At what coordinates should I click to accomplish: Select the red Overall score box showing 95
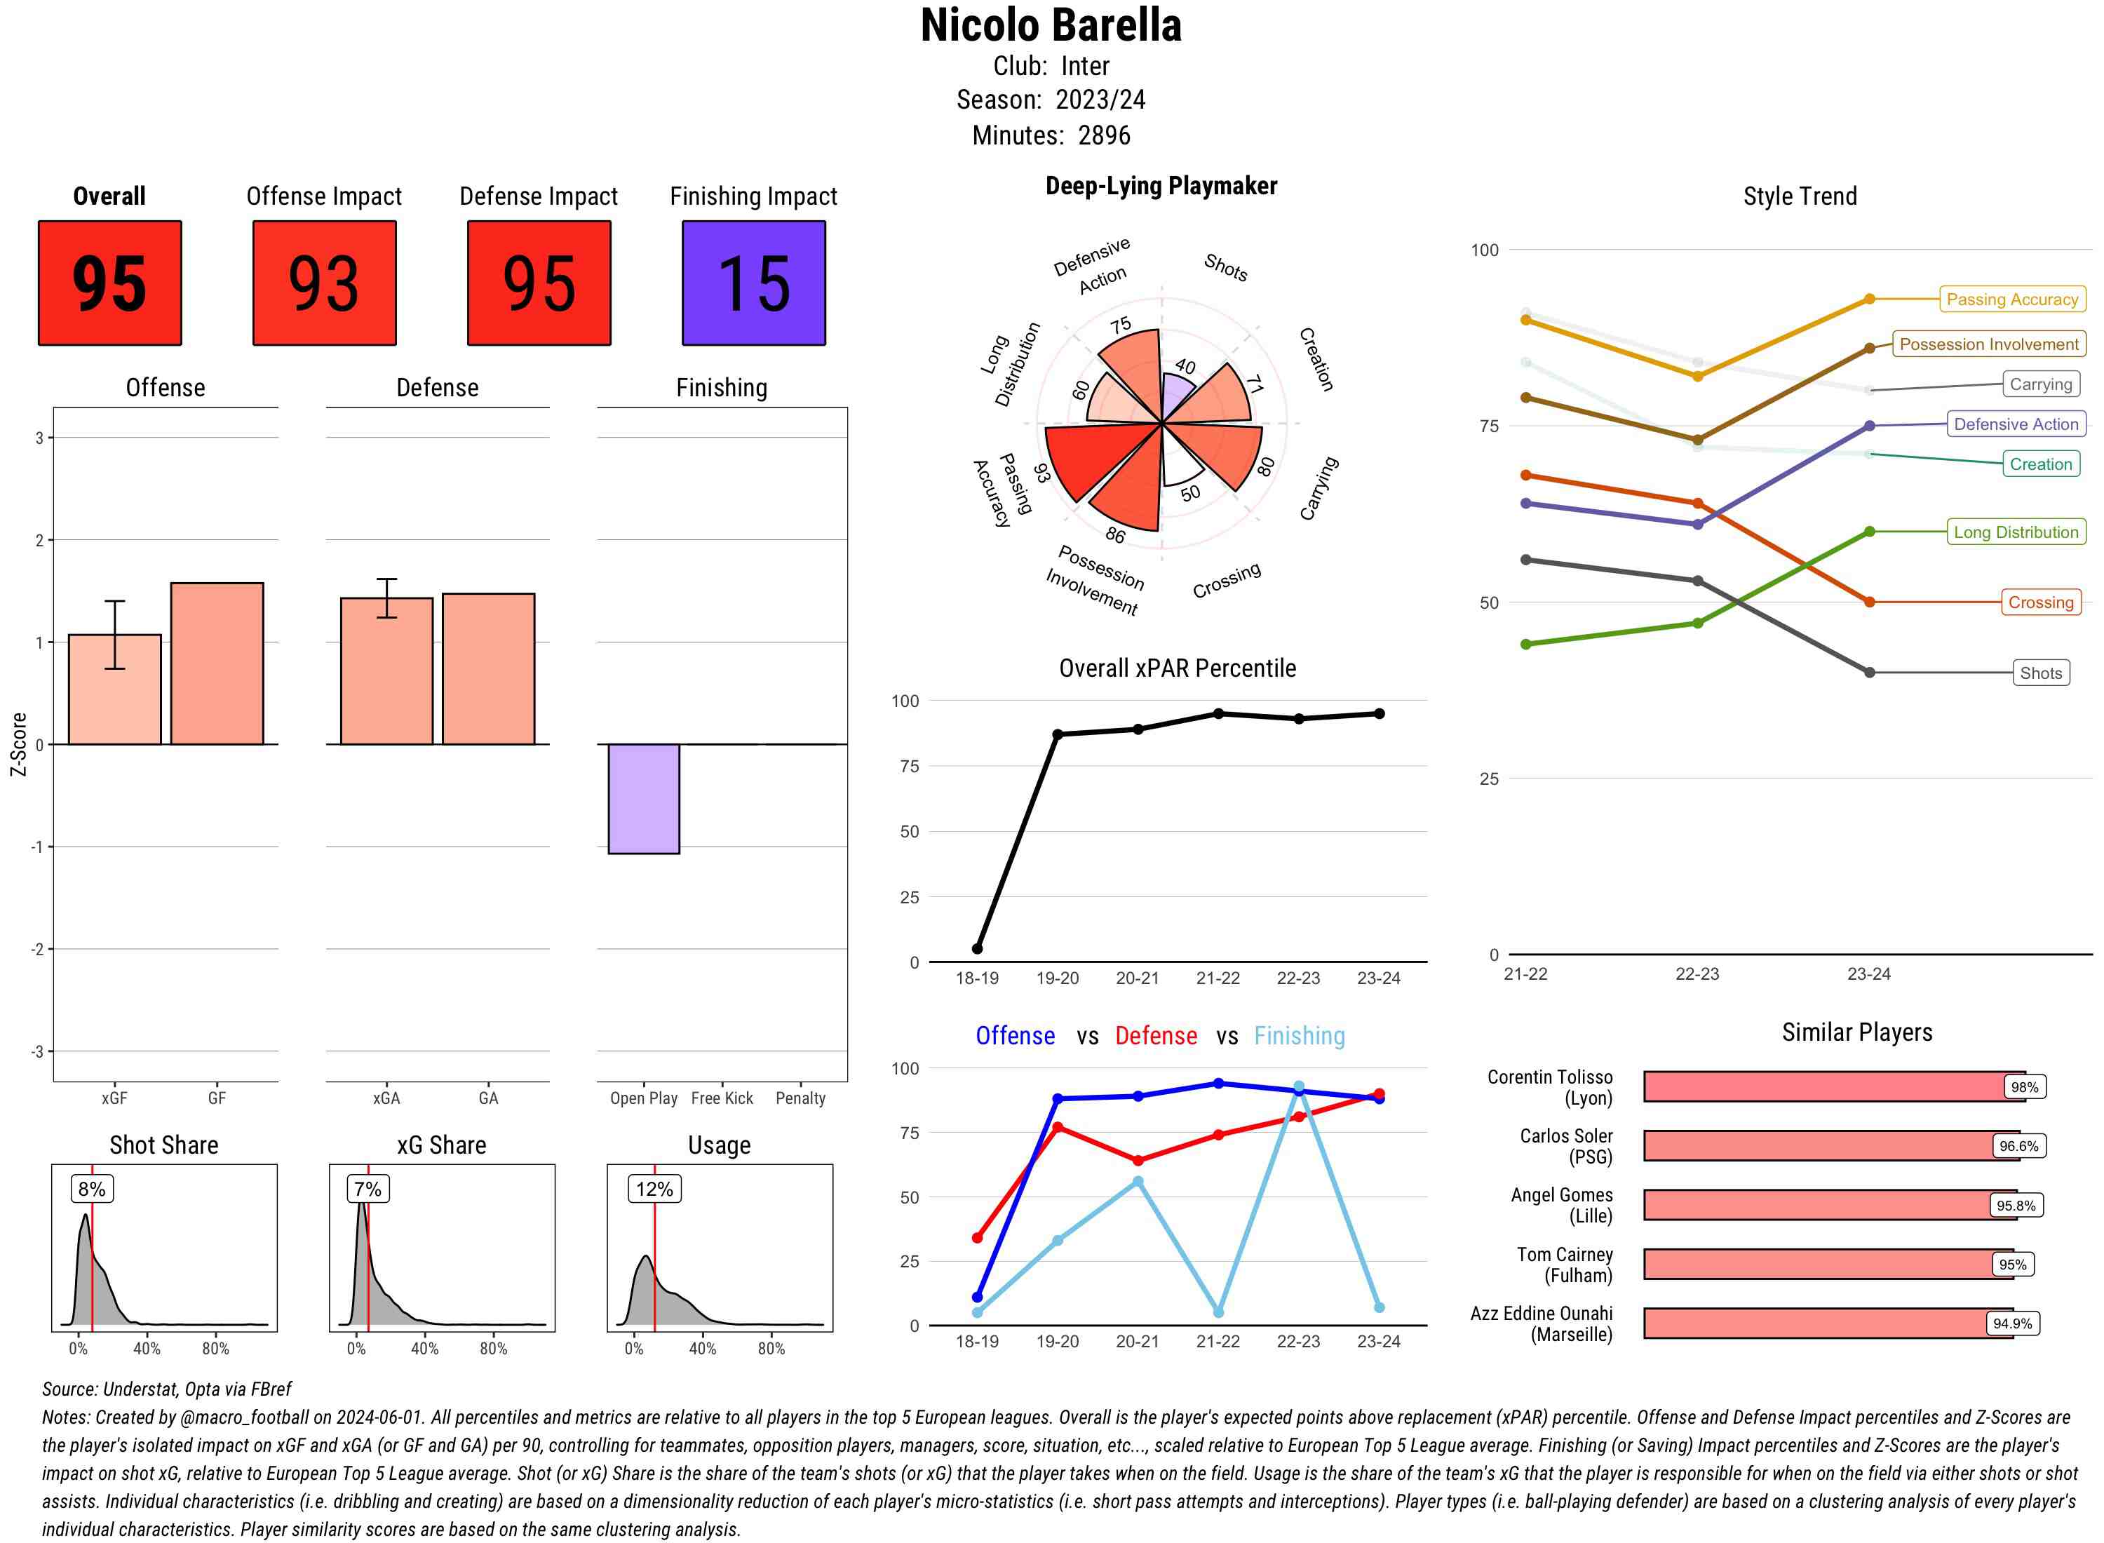(109, 283)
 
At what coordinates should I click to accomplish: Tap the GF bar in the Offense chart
(217, 663)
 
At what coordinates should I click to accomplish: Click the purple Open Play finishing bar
(643, 799)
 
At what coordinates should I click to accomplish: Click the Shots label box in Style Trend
(2039, 673)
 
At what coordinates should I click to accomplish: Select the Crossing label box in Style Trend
(2039, 602)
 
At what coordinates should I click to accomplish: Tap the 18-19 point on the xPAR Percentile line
(977, 949)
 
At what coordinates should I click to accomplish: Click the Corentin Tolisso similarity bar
(1833, 1086)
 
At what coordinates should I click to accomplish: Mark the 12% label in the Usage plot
(654, 1189)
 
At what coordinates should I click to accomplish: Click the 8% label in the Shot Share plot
(91, 1189)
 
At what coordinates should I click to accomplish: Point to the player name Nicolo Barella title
(1051, 25)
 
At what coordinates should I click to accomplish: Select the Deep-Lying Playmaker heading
(1161, 186)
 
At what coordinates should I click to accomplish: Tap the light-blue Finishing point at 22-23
(1298, 1087)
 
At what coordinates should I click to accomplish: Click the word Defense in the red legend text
(1155, 1036)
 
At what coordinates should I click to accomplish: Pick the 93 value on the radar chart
(1042, 473)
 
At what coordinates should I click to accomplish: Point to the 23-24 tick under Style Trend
(1868, 974)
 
